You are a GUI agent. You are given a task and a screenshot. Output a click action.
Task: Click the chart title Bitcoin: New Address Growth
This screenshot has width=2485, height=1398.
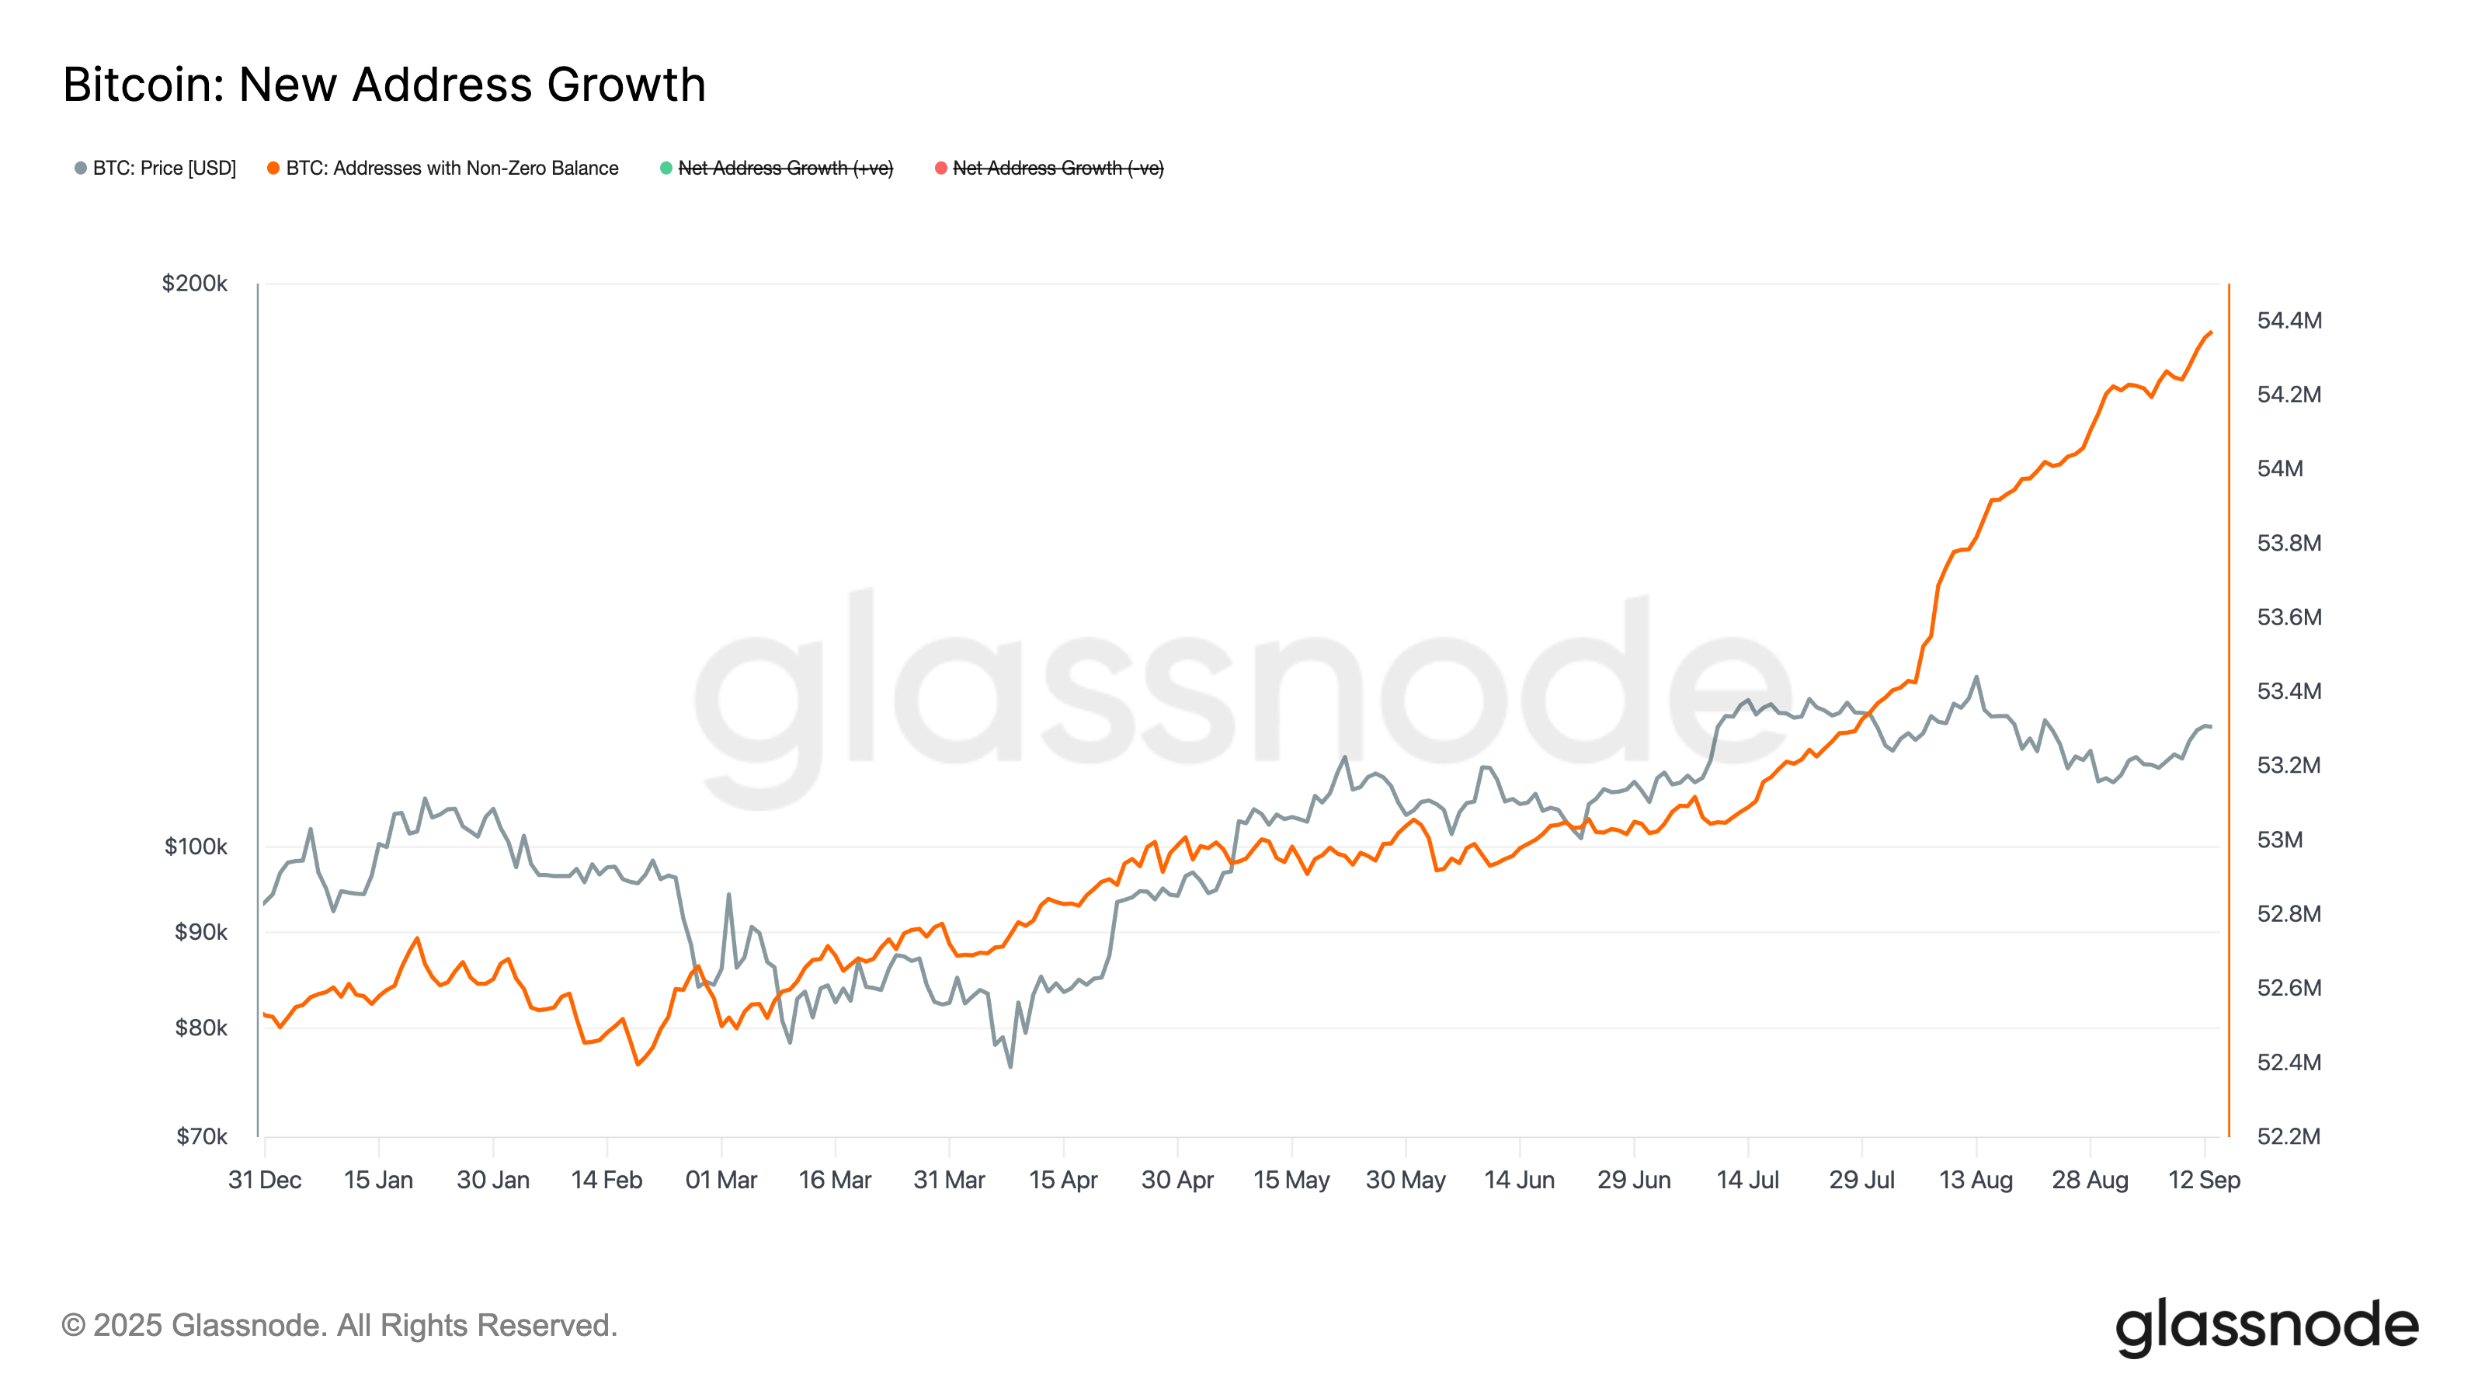pos(384,85)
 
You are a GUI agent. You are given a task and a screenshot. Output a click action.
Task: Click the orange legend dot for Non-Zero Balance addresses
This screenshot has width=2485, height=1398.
pos(274,168)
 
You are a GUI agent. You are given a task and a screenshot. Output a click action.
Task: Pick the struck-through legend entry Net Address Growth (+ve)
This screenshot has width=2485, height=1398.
pos(785,168)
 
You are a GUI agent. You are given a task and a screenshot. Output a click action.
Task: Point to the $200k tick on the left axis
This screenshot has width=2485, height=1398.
pos(195,283)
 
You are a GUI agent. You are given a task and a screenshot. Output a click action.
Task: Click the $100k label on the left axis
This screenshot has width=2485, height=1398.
pos(196,846)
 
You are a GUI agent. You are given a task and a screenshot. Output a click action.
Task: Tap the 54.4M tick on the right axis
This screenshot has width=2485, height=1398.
pos(2289,320)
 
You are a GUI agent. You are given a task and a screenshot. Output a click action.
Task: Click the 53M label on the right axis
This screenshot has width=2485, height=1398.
pos(2278,840)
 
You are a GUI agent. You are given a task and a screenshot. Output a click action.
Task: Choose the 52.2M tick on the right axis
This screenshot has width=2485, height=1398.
pos(2289,1135)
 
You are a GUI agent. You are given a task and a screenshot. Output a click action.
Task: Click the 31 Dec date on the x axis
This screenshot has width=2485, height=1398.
pos(264,1179)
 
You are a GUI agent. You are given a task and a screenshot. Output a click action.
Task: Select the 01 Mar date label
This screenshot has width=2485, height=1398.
pos(721,1179)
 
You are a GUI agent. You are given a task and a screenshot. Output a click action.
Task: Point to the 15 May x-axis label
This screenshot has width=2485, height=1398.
pos(1291,1179)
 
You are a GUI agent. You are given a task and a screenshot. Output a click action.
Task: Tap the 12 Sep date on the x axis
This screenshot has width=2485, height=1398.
pos(2203,1179)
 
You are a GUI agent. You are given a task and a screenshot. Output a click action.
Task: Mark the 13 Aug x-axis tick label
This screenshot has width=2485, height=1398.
pos(1975,1179)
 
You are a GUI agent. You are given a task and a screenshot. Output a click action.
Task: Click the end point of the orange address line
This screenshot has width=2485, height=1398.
pos(2210,333)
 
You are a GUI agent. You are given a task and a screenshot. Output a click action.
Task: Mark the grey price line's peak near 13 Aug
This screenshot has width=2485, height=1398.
pos(1976,677)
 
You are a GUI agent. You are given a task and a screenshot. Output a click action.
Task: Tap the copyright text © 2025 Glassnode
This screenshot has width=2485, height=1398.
pos(339,1325)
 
